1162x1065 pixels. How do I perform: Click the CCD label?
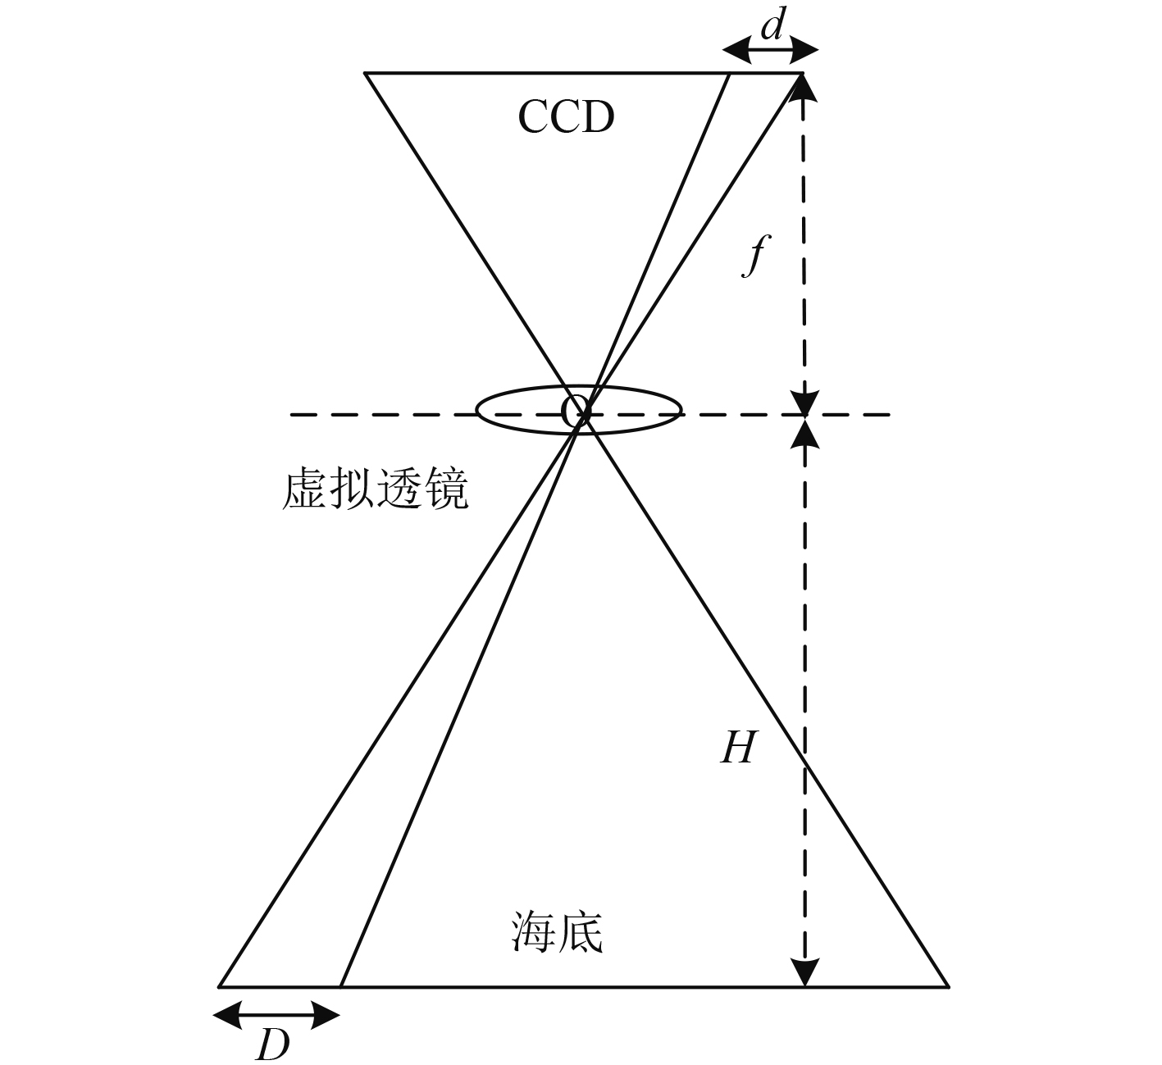(x=566, y=117)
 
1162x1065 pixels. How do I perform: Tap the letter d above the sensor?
(x=771, y=27)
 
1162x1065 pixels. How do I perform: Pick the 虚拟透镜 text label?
(x=375, y=491)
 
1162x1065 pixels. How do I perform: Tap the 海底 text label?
(x=558, y=932)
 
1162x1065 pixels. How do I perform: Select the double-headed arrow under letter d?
(x=770, y=52)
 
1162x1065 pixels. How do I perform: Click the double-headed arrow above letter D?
(x=276, y=1017)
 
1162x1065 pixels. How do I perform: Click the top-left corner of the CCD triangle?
(x=365, y=74)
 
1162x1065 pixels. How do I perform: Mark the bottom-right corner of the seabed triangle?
(x=948, y=986)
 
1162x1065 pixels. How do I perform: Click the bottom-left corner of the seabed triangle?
(x=219, y=986)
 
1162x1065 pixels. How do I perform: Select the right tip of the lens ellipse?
(x=681, y=409)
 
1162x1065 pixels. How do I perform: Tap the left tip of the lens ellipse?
(x=476, y=410)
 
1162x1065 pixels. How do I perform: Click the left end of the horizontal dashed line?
(x=291, y=415)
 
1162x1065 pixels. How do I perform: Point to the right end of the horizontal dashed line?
(x=889, y=415)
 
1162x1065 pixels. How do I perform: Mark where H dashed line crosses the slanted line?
(x=804, y=766)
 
